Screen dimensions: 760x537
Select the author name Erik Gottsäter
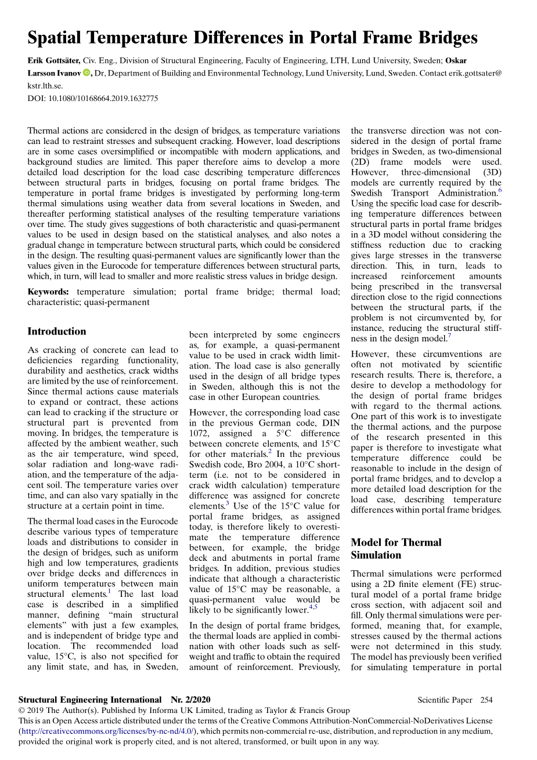click(x=54, y=60)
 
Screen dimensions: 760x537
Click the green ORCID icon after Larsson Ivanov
click(x=87, y=73)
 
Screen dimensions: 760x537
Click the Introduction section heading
click(x=57, y=332)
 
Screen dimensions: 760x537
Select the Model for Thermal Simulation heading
click(x=396, y=549)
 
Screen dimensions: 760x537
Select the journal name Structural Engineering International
click(x=90, y=700)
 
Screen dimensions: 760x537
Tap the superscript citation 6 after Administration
click(x=500, y=190)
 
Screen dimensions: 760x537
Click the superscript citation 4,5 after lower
click(x=313, y=607)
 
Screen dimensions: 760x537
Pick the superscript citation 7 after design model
click(x=449, y=336)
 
